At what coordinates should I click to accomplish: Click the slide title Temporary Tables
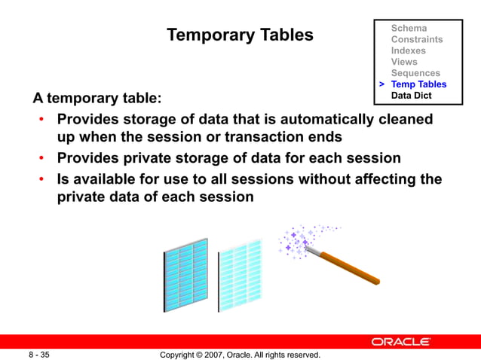pos(240,35)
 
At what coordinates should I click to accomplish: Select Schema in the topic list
pos(409,28)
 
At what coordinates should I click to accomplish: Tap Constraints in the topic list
pos(417,39)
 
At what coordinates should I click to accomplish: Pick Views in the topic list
pos(404,62)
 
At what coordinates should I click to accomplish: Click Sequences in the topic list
pos(415,73)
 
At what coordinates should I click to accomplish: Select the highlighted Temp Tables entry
pos(418,84)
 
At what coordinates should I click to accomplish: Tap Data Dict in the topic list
pos(411,96)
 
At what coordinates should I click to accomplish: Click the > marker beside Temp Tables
pos(382,84)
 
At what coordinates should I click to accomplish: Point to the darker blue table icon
pos(185,275)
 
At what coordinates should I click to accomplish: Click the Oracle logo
pos(400,342)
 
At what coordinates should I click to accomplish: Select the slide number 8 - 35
pos(39,354)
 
